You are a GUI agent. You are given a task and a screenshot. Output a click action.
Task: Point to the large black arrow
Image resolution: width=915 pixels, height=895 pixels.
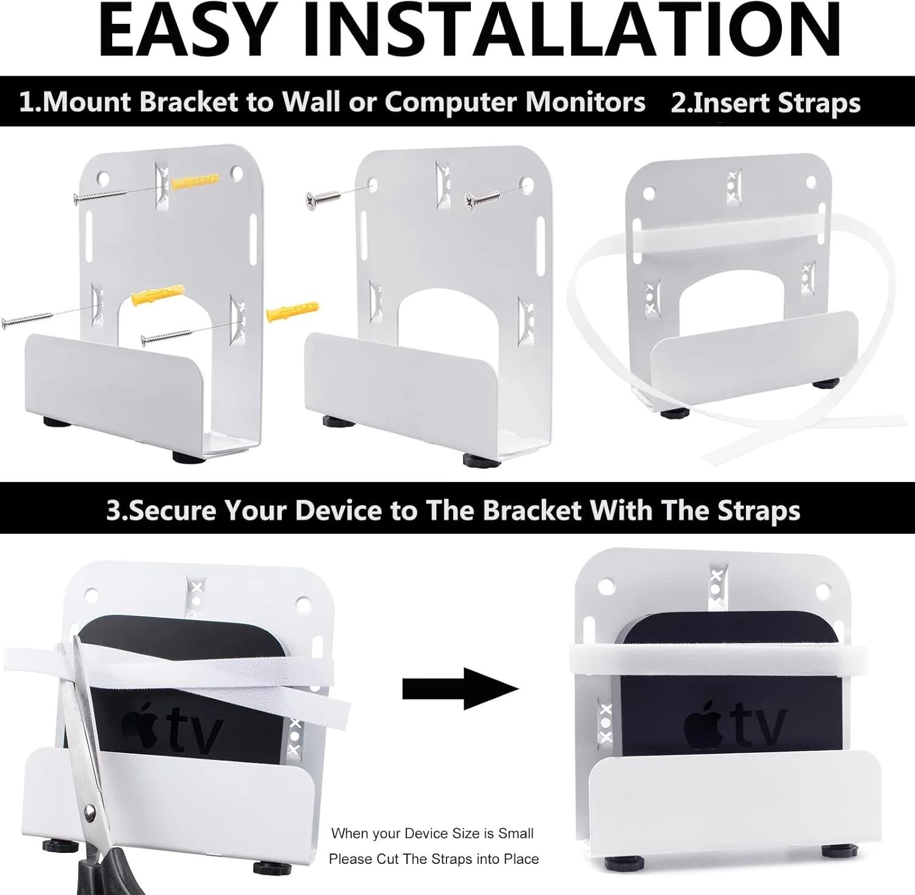tap(460, 689)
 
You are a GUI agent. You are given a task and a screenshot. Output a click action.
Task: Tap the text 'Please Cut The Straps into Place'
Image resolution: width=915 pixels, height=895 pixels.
tap(434, 859)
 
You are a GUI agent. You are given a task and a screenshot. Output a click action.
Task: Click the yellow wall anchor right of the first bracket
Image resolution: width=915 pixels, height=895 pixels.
tap(293, 310)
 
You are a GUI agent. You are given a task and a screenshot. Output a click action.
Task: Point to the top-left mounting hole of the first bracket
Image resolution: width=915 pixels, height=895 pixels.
tap(104, 179)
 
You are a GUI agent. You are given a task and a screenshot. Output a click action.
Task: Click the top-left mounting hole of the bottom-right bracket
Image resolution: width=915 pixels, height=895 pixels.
tap(605, 587)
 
